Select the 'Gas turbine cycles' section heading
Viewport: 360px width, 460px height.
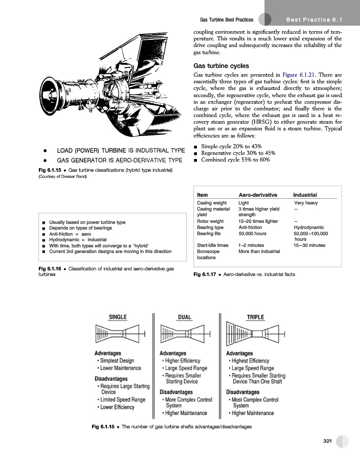point(221,66)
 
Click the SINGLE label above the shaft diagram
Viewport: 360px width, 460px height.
point(118,317)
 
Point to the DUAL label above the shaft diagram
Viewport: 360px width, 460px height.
point(184,317)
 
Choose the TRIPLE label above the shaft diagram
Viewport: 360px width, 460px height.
point(255,317)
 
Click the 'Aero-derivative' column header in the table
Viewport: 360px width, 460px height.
point(258,195)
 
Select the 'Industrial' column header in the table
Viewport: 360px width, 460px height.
point(305,195)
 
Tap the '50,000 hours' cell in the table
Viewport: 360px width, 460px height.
point(253,233)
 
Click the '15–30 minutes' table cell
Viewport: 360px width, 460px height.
point(310,245)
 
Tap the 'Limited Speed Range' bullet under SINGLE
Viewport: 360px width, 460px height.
point(123,400)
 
